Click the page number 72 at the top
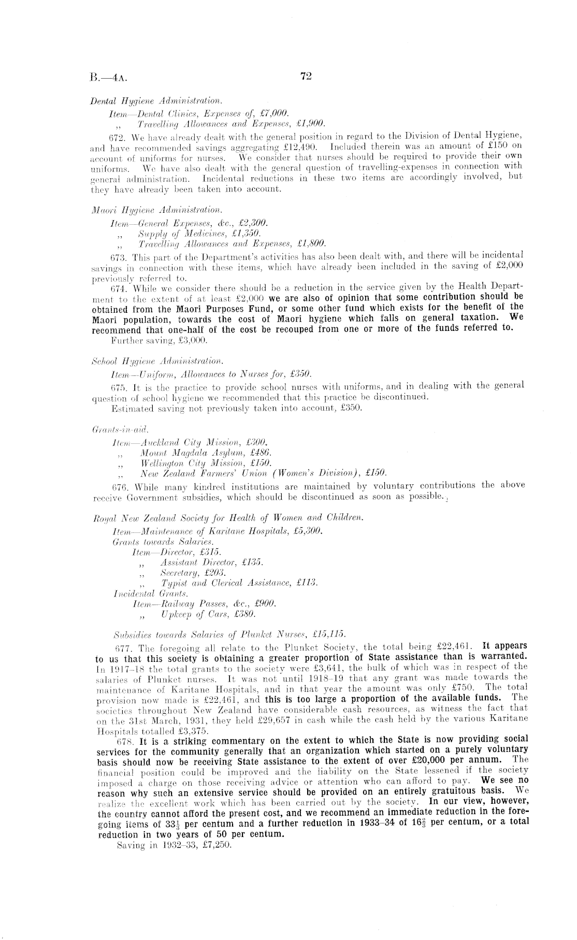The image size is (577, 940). (x=305, y=77)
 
